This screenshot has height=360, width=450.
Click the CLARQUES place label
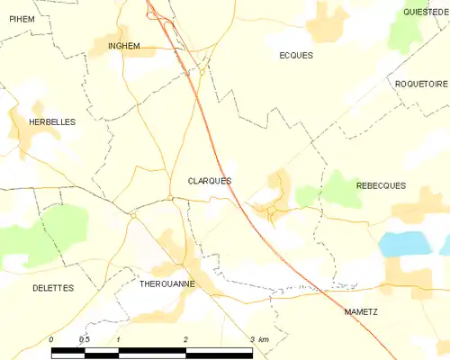(x=209, y=181)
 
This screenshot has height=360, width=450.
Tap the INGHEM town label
(x=123, y=46)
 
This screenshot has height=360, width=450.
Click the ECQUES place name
(x=296, y=55)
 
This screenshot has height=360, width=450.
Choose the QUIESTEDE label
(x=426, y=12)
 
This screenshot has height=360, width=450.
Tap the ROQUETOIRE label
(x=422, y=84)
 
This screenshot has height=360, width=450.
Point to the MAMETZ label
(x=362, y=311)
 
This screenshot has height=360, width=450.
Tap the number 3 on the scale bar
(x=253, y=339)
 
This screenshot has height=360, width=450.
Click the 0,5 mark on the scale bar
(x=84, y=339)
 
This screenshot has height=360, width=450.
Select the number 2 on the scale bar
(x=185, y=339)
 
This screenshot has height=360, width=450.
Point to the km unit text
(x=264, y=339)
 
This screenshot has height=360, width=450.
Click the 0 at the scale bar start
(x=51, y=339)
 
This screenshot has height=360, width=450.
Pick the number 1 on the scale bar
(x=119, y=339)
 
